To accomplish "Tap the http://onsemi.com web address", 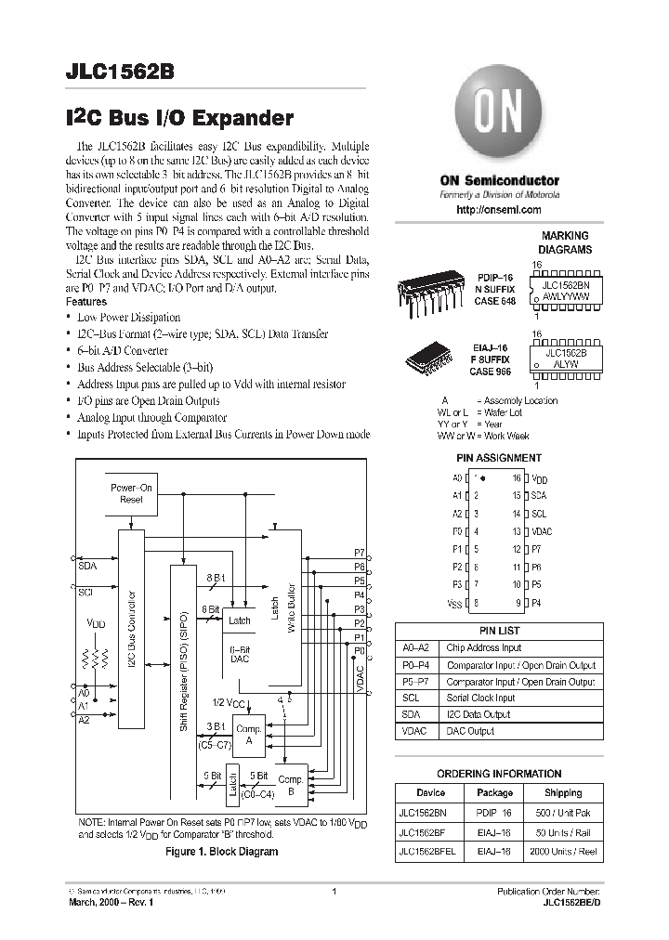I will click(499, 211).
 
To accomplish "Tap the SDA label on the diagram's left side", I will click(87, 565).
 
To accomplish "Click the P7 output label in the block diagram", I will click(360, 552).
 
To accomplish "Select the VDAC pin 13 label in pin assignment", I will click(541, 531).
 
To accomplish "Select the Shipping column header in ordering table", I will click(562, 792).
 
